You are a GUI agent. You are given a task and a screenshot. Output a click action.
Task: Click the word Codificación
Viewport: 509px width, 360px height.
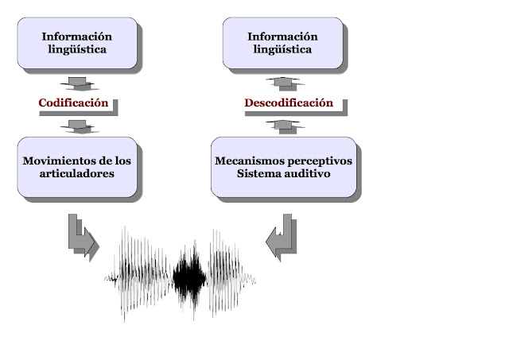click(73, 103)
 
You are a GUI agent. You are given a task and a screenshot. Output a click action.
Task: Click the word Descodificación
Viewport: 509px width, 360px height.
click(288, 103)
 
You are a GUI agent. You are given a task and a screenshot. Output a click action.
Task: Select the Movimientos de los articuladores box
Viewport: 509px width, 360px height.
click(78, 166)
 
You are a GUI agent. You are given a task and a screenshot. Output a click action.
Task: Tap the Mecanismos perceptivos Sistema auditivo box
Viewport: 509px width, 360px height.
click(283, 166)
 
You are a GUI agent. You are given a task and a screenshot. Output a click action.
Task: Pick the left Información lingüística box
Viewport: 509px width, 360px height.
click(77, 43)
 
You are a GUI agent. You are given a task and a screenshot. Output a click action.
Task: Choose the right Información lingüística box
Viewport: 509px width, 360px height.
click(282, 43)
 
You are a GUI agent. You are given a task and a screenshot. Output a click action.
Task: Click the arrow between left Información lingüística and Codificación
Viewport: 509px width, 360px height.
click(78, 83)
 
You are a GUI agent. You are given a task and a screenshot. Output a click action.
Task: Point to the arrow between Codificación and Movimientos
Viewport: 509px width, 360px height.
click(78, 125)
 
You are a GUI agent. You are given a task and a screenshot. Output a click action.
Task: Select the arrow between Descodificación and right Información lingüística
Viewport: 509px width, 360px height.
click(284, 82)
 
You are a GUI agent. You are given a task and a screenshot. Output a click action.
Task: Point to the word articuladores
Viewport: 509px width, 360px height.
click(78, 173)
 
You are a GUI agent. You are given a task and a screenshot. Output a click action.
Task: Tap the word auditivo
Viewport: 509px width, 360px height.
click(306, 173)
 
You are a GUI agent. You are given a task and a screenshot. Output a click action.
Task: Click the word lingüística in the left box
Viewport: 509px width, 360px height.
click(77, 50)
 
